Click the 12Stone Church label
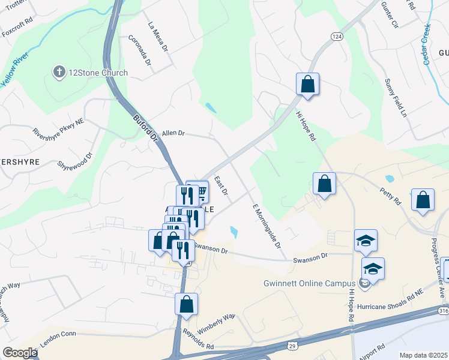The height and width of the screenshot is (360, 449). click(x=98, y=73)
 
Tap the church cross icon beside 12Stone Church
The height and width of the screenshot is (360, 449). click(x=59, y=73)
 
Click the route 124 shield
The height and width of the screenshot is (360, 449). click(x=338, y=37)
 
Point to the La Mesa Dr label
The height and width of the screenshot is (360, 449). click(x=158, y=34)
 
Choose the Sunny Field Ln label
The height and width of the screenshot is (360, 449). click(x=396, y=97)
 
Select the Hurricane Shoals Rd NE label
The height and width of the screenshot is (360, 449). click(x=390, y=305)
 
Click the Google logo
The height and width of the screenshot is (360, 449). click(x=20, y=353)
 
